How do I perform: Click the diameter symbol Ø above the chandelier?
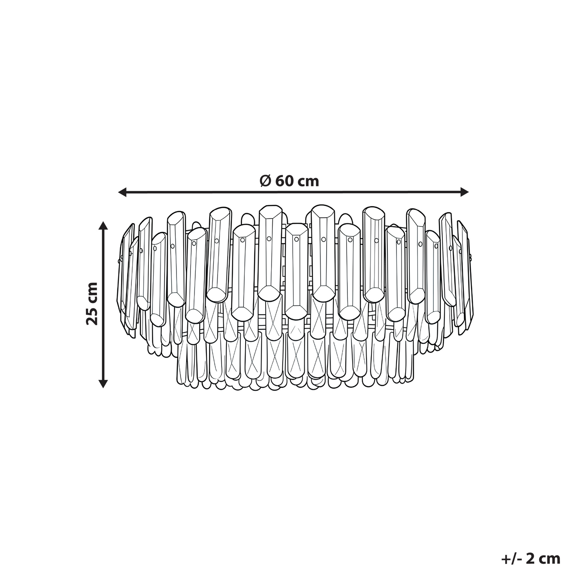(x=266, y=181)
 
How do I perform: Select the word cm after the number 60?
(x=308, y=182)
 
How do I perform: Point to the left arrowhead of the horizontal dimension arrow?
(x=123, y=192)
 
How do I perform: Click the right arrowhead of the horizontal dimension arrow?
(x=464, y=192)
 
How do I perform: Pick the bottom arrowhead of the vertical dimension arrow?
(x=103, y=384)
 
